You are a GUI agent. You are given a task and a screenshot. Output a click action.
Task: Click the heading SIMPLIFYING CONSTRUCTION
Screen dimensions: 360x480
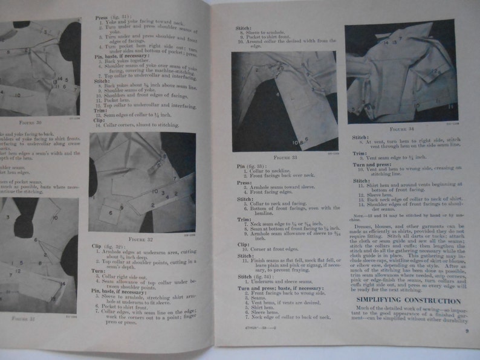[x=408, y=300]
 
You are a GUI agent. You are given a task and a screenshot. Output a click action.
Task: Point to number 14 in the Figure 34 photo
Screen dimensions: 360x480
[x=385, y=42]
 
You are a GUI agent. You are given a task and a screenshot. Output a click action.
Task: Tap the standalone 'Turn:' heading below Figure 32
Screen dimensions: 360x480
[x=99, y=271]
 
